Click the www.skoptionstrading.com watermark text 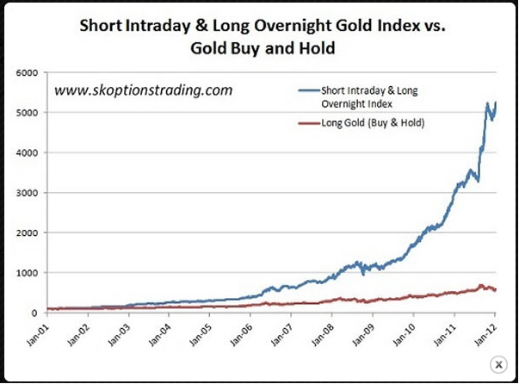pos(144,90)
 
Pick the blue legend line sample pos(306,89)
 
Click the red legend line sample pos(306,124)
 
